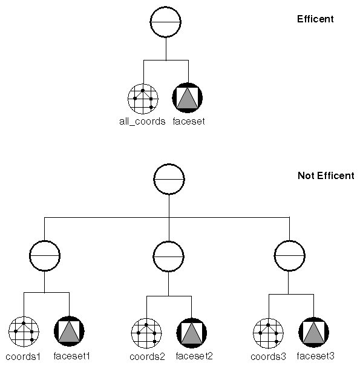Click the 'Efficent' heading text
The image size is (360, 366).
[x=315, y=19]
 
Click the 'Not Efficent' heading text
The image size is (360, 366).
[x=326, y=176]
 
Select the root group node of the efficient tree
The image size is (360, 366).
[x=166, y=22]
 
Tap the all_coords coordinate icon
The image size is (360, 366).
[x=143, y=98]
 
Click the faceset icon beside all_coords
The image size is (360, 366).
[x=188, y=98]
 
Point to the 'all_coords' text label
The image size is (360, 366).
[x=142, y=121]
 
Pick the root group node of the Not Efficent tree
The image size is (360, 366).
[x=169, y=179]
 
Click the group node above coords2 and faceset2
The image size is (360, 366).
[x=169, y=256]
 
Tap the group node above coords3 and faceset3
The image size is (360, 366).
[x=289, y=256]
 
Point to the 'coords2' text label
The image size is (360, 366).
[x=147, y=356]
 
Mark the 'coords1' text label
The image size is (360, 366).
[x=24, y=356]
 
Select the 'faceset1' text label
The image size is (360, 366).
[x=72, y=356]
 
